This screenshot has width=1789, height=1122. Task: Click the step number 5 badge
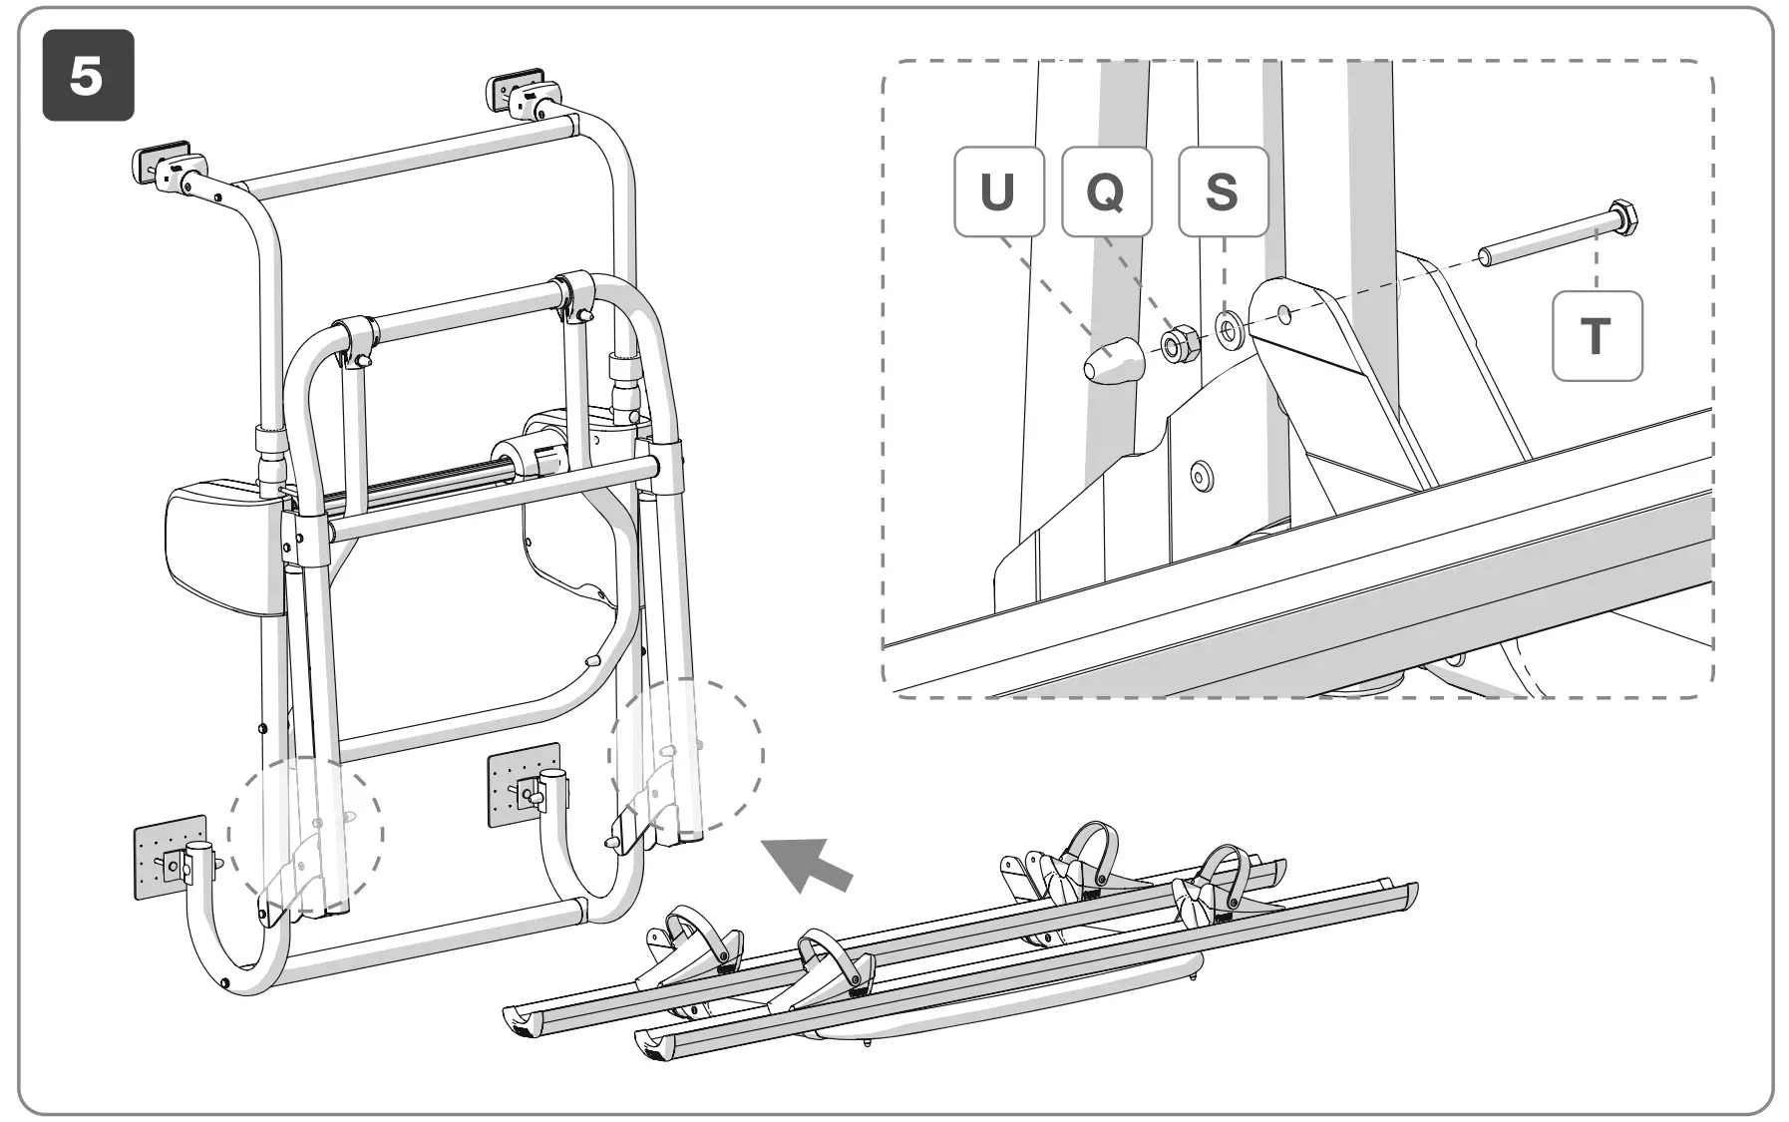[88, 77]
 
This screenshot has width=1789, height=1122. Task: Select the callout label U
[998, 191]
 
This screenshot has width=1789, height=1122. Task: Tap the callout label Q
[1106, 191]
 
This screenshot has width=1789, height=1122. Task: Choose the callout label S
[1223, 191]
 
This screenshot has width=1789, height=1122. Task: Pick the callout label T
[1597, 336]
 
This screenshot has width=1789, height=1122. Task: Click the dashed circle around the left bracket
[305, 831]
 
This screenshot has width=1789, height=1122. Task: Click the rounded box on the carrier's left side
[219, 547]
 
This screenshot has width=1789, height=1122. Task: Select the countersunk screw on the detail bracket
[1201, 476]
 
